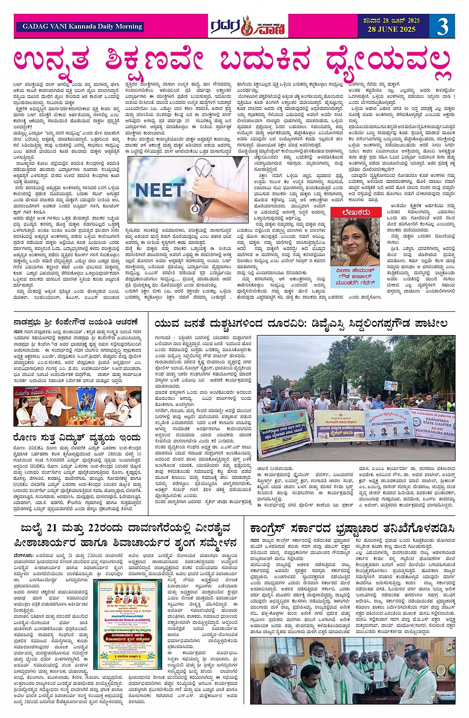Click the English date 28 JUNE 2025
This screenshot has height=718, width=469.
click(391, 30)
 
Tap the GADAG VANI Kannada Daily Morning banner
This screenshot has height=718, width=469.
click(82, 26)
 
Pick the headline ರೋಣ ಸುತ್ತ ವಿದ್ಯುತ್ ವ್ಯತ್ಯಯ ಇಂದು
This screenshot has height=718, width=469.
click(77, 438)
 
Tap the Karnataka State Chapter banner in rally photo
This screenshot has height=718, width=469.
click(433, 427)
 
